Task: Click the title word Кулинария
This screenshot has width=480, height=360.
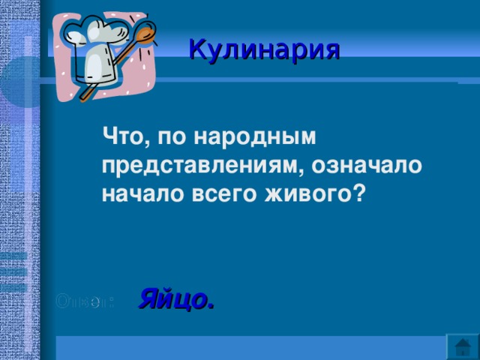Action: pyautogui.click(x=264, y=49)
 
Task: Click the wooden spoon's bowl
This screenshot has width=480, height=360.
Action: pyautogui.click(x=145, y=34)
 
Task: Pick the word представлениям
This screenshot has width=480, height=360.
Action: pyautogui.click(x=200, y=166)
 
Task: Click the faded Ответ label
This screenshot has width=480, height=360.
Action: pyautogui.click(x=85, y=301)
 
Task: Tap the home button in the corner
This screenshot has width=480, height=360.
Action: pyautogui.click(x=463, y=346)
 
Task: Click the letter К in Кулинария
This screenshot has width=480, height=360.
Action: pyautogui.click(x=197, y=49)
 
